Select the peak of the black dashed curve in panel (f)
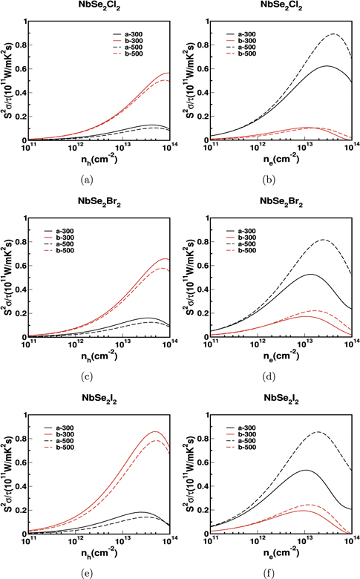coord(319,432)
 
